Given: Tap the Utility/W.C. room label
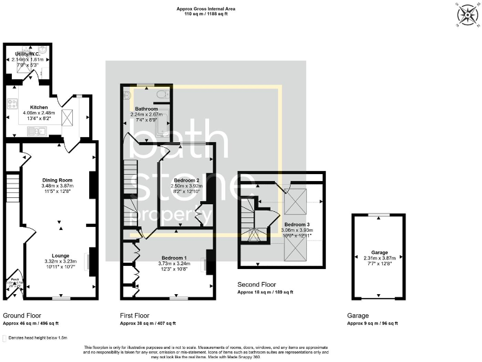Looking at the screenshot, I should point(28,55).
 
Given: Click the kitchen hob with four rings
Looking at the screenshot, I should point(12,104).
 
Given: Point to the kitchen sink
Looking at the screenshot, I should point(36,131).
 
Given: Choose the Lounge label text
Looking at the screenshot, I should point(60,255).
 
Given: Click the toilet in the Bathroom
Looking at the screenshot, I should point(161,94).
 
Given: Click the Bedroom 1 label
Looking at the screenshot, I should point(173,258).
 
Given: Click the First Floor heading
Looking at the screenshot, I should point(134,315).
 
